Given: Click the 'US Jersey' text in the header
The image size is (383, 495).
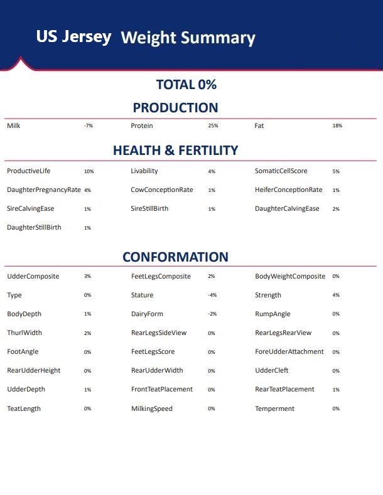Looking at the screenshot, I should pos(73,36).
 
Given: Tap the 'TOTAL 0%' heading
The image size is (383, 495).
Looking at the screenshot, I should pos(186,85).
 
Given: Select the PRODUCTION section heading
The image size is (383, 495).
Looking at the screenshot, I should pos(175,107).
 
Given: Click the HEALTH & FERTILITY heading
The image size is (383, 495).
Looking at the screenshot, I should pos(175,151).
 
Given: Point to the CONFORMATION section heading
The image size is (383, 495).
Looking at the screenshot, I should pos(175,257).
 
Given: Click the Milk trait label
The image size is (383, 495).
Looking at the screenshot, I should pos(14,126).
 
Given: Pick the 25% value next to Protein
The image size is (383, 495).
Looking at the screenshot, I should pos(213,126).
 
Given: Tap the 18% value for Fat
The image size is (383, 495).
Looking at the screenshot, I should pos(337,126).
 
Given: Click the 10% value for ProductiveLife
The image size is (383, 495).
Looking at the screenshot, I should pos(89,171).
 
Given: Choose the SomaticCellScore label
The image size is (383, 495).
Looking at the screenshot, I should pos(281,171).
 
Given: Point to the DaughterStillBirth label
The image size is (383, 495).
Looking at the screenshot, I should pos(34,227).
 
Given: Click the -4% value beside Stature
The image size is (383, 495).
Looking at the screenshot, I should pos(212,295).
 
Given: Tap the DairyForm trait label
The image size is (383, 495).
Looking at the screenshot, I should pos(147,314).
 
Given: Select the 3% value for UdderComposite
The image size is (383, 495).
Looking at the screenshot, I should pos(87,277).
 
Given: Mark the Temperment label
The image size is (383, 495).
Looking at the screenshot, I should pos(274,408).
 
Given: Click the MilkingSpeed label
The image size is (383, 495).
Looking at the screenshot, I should pos(151,408).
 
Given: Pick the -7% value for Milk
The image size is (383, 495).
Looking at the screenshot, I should pos(88,126).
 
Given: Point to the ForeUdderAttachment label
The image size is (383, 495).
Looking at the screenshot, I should pos(289,351).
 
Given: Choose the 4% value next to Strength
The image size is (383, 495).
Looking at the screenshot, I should pos(336,295).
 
